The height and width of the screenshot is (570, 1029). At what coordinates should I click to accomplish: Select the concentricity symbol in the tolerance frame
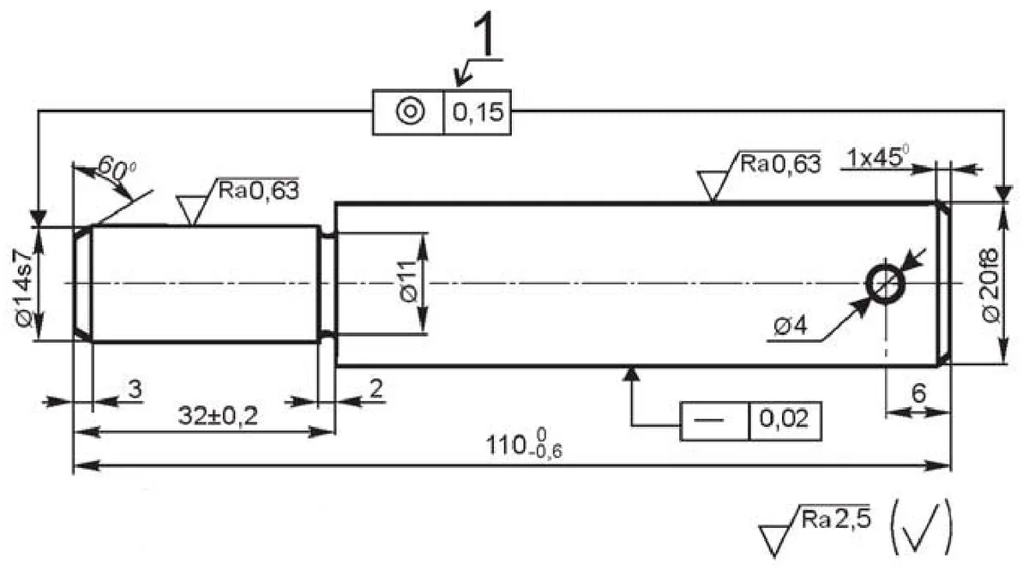(x=410, y=111)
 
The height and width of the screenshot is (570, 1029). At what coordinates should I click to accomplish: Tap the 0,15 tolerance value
(x=478, y=112)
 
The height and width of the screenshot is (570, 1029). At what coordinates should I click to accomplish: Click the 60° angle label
(x=117, y=170)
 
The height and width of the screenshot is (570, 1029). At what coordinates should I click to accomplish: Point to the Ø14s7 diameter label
(x=24, y=287)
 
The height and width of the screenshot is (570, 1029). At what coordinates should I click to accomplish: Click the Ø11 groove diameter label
(x=408, y=281)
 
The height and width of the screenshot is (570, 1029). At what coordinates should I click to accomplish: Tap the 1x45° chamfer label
(x=878, y=157)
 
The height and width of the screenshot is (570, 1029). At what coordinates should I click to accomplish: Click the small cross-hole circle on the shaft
(x=885, y=284)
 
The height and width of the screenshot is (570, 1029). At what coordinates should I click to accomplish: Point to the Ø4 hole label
(x=790, y=326)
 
